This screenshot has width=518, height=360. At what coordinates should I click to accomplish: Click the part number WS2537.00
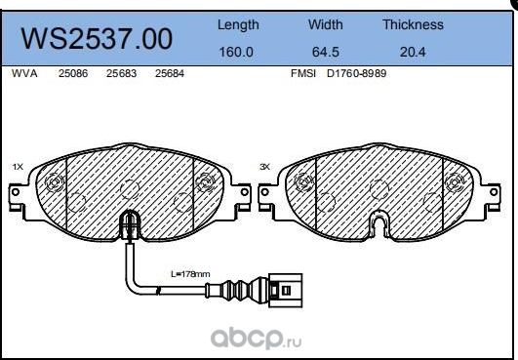pyautogui.click(x=97, y=38)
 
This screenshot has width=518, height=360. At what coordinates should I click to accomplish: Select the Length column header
pyautogui.click(x=237, y=24)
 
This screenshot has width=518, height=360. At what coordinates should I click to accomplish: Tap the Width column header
pyautogui.click(x=326, y=24)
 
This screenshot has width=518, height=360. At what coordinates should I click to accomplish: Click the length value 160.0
pyautogui.click(x=237, y=51)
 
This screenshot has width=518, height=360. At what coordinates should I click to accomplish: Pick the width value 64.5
pyautogui.click(x=326, y=51)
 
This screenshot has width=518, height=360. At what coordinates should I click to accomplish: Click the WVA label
pyautogui.click(x=24, y=73)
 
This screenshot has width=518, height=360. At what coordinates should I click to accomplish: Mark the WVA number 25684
pyautogui.click(x=171, y=73)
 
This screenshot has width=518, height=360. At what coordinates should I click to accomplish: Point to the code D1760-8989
pyautogui.click(x=357, y=73)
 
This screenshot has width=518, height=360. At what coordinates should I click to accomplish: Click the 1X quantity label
pyautogui.click(x=18, y=167)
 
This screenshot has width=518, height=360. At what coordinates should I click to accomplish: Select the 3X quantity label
pyautogui.click(x=264, y=167)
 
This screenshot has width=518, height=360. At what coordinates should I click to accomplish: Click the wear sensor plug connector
pyautogui.click(x=288, y=289)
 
